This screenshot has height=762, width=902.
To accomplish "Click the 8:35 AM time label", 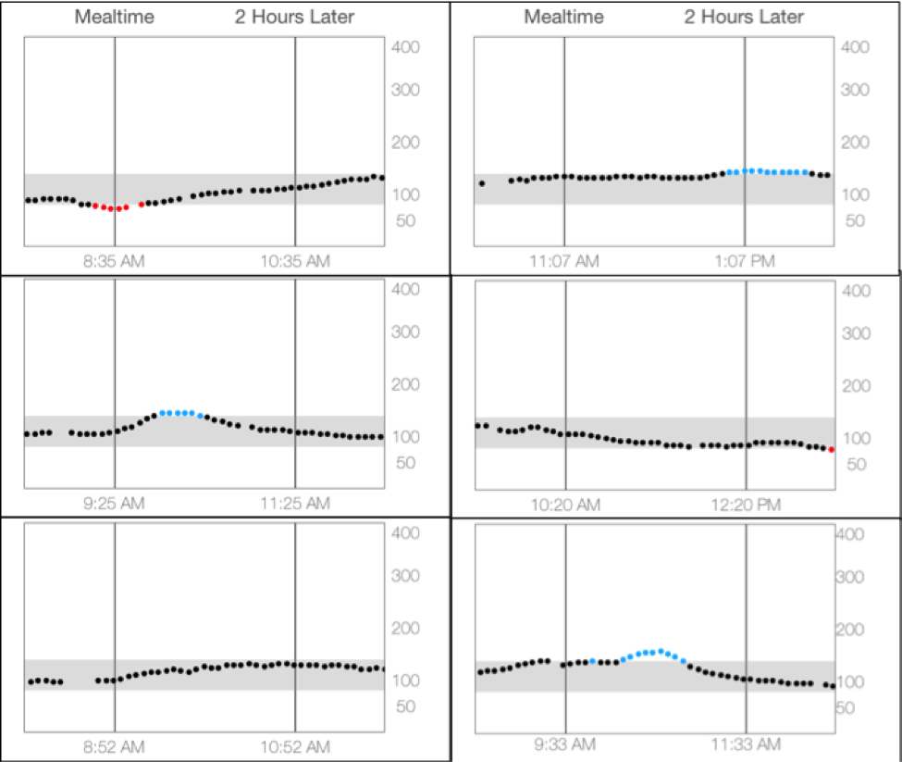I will pos(115,262).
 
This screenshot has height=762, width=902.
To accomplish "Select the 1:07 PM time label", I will pos(745,262).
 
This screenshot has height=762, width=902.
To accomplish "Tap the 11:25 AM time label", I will pos(295,504).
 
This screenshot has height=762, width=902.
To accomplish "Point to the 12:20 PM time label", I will pos(746,505).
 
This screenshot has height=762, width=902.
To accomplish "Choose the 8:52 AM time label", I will pos(115,746).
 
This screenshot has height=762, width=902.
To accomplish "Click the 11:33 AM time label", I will pos(746,744).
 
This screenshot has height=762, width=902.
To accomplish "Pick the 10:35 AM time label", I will pos(295,262).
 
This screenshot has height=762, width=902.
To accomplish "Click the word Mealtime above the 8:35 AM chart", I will pos(115,17).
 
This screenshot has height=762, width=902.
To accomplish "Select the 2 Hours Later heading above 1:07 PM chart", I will pos(744,17).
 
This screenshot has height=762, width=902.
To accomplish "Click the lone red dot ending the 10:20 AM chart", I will pos(832,449).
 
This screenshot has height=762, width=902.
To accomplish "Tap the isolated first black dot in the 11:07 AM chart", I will pos(482,183).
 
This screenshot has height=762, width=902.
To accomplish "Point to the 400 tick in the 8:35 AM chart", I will pos(408,46).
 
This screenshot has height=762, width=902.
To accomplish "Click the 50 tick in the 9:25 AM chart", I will pos(404,461).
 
